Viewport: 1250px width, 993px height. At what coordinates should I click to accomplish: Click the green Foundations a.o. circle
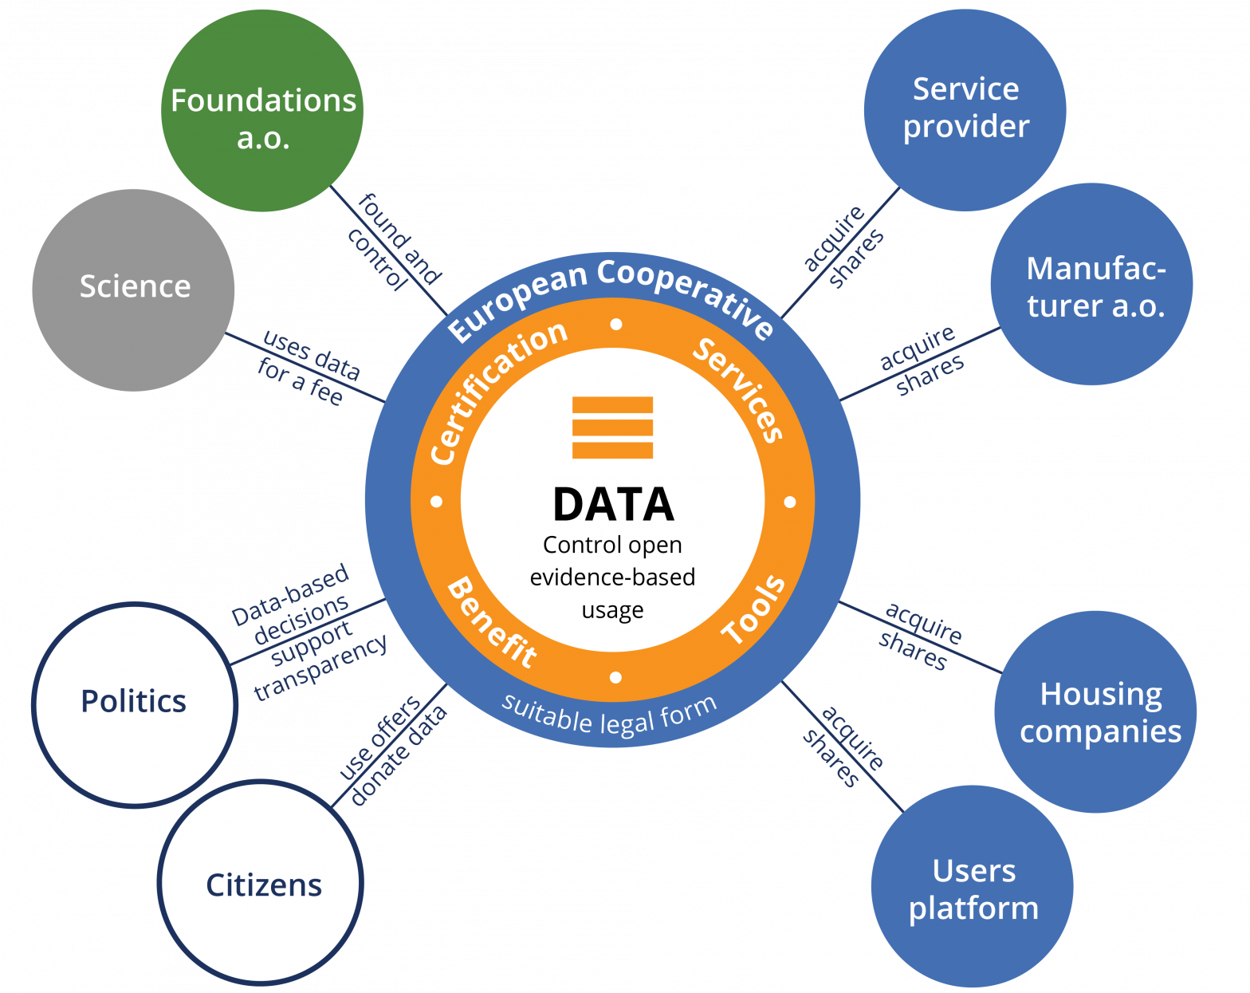click(x=262, y=111)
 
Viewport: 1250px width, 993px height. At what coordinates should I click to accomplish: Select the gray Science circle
click(x=133, y=290)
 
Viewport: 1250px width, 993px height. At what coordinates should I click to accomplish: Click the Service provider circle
click(x=965, y=110)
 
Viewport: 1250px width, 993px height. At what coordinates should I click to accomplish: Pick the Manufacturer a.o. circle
click(x=1091, y=285)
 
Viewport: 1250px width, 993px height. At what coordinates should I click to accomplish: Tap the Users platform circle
click(x=972, y=887)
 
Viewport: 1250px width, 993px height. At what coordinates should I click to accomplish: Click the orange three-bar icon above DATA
click(x=612, y=428)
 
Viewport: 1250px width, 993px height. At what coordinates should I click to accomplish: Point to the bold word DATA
click(x=613, y=505)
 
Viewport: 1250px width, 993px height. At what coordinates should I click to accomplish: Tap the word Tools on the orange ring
click(x=753, y=610)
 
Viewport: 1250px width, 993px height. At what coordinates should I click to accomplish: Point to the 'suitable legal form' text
click(x=610, y=716)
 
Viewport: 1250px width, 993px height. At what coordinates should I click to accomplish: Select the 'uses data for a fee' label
click(x=308, y=368)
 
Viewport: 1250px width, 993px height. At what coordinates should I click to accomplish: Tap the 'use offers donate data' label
click(x=391, y=750)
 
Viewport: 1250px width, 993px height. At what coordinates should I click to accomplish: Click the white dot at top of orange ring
click(x=615, y=325)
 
